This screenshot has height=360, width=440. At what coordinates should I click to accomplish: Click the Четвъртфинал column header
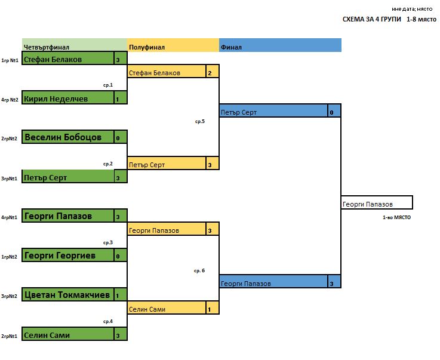click(x=47, y=47)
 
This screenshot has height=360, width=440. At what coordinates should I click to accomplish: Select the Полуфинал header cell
click(x=146, y=47)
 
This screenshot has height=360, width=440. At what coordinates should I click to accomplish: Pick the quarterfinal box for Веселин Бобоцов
click(x=67, y=137)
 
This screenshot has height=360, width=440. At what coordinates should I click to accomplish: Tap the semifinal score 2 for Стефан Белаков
click(x=210, y=73)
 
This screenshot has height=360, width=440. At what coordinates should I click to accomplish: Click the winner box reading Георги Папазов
click(x=376, y=204)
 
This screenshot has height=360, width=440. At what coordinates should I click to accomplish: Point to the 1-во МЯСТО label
click(x=396, y=217)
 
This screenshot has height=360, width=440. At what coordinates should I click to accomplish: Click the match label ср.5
click(x=199, y=121)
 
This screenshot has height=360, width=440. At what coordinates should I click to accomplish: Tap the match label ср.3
click(x=107, y=243)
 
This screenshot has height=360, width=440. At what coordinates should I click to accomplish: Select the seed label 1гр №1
click(x=10, y=60)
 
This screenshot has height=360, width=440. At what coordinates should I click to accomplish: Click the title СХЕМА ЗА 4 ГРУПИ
click(x=372, y=19)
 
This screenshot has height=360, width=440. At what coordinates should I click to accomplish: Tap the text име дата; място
click(x=412, y=8)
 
